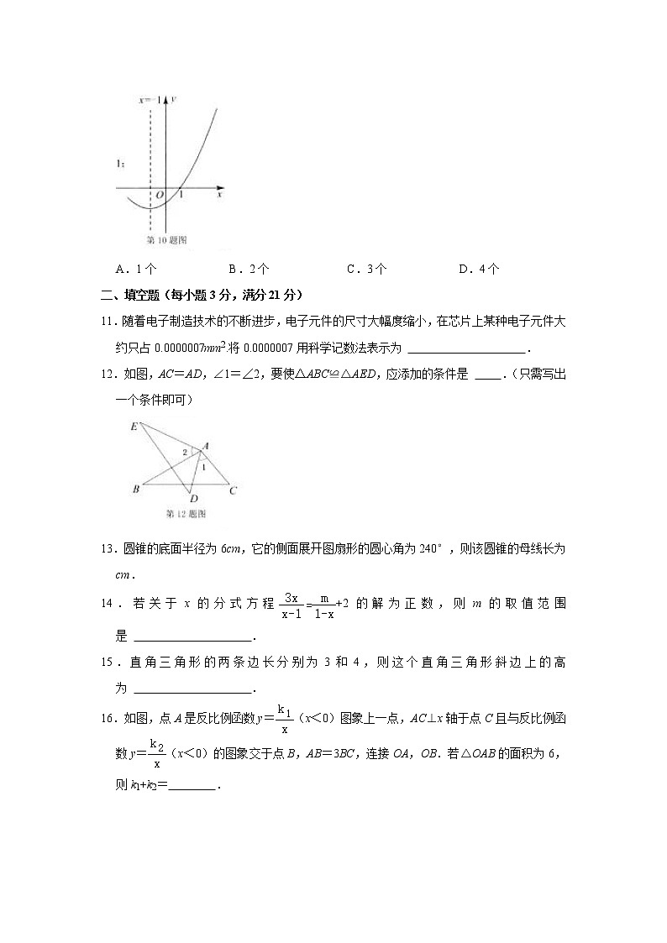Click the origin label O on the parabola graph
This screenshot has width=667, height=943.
pos(158,195)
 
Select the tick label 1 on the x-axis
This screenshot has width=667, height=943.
pos(182,195)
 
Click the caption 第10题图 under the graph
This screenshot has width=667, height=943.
pos(166,240)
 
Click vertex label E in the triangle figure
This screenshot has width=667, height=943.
pos(134,427)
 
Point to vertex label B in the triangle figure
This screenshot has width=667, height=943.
pos(134,489)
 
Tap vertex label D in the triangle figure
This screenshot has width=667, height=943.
pos(193,499)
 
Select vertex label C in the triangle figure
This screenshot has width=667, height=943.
pos(233,490)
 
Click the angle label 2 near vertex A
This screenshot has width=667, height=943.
pos(186,452)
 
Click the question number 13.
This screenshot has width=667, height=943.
pos(107,549)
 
